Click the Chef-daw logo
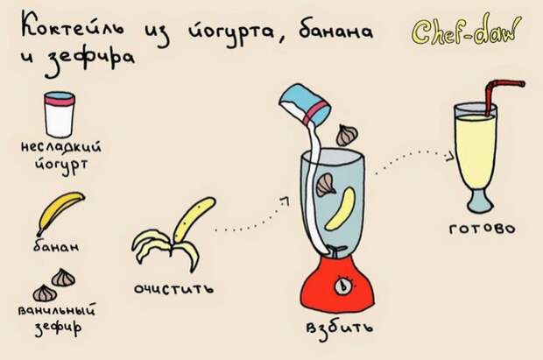pyautogui.click(x=466, y=31)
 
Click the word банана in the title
pyautogui.click(x=335, y=32)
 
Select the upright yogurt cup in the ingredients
pyautogui.click(x=60, y=115)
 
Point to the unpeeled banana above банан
pyautogui.click(x=60, y=212)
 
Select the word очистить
pyautogui.click(x=173, y=288)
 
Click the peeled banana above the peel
pyautogui.click(x=194, y=219)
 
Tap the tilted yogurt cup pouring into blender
pyautogui.click(x=305, y=104)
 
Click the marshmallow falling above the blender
pyautogui.click(x=347, y=135)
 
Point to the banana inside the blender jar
pyautogui.click(x=341, y=208)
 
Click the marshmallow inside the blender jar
pyautogui.click(x=326, y=185)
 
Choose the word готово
pyautogui.click(x=482, y=229)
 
